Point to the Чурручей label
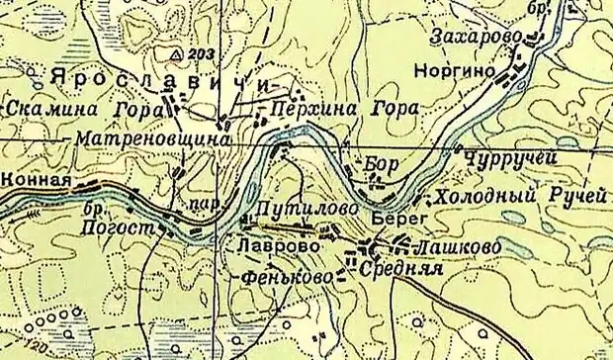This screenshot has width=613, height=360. [507, 157]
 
